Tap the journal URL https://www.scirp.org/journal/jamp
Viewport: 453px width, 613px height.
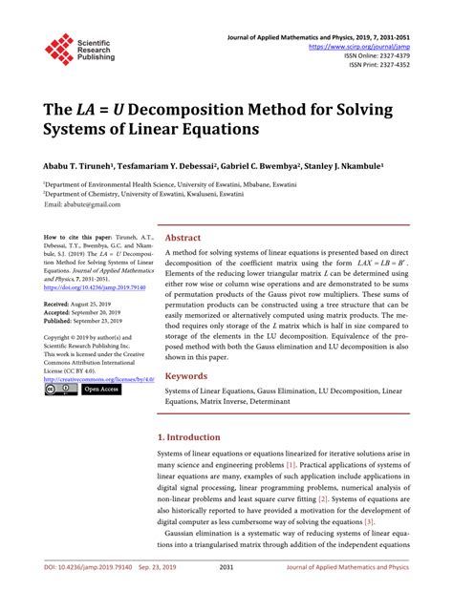click(356, 45)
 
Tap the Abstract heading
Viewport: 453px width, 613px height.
click(183, 239)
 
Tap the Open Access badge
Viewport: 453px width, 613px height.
click(102, 390)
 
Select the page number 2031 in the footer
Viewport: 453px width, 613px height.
click(226, 593)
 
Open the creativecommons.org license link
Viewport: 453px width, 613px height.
click(97, 378)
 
